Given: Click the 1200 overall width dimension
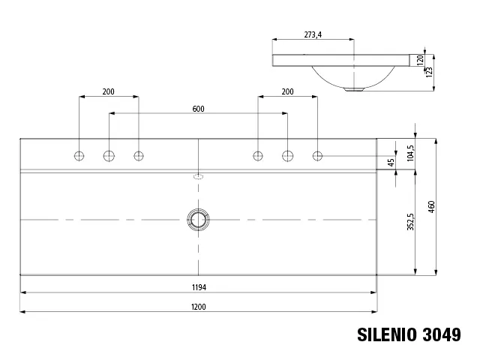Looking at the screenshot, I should tap(198, 307).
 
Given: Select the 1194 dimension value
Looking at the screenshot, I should tap(198, 287).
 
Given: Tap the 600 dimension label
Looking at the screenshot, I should tap(198, 109).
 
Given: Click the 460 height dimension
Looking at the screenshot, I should tap(431, 206).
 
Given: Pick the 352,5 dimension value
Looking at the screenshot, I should tap(410, 220).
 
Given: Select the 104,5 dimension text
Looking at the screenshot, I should tap(410, 154).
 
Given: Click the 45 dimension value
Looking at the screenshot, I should tap(390, 162).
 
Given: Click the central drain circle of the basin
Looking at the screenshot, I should tap(198, 219).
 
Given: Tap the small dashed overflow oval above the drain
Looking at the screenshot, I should tap(198, 178).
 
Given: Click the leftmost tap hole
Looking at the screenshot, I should tap(79, 156).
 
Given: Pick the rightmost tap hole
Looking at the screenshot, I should tap(317, 156).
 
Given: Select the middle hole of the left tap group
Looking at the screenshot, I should tap(109, 156).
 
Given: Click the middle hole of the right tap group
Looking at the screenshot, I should tap(287, 156).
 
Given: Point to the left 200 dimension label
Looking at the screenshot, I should tap(109, 91).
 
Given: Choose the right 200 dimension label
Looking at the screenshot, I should tap(287, 91).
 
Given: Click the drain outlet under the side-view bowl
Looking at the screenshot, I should tap(354, 89).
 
